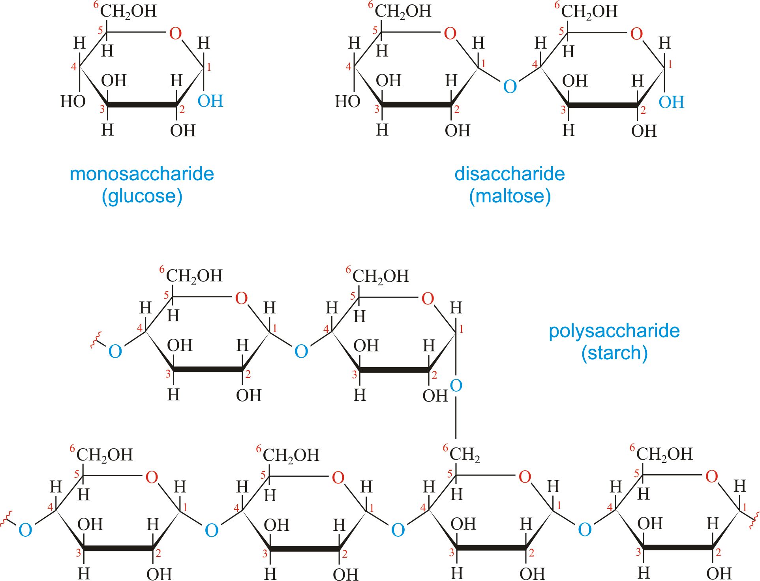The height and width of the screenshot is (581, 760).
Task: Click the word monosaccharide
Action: click(x=142, y=174)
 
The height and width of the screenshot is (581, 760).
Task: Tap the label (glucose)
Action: click(x=142, y=196)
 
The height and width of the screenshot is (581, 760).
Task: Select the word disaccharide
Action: click(x=509, y=174)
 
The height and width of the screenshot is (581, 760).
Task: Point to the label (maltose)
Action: click(x=510, y=196)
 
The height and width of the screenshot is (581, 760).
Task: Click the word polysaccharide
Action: click(x=614, y=331)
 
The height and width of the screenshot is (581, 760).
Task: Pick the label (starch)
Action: click(x=614, y=353)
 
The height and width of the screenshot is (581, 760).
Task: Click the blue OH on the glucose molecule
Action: click(x=210, y=101)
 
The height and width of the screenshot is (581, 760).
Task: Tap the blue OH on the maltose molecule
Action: click(x=671, y=102)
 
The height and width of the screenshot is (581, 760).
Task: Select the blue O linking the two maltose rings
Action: click(x=510, y=87)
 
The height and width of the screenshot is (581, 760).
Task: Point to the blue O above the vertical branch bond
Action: click(x=456, y=385)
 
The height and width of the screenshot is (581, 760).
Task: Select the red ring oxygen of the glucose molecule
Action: click(x=175, y=34)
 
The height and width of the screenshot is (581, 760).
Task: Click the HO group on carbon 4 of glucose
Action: click(x=73, y=102)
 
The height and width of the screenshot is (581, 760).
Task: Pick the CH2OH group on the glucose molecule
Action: click(x=128, y=11)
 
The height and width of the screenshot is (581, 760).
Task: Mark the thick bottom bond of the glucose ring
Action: click(x=142, y=105)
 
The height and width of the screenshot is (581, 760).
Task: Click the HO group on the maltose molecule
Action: click(x=347, y=102)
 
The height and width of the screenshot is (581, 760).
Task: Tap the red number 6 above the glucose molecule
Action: click(x=96, y=5)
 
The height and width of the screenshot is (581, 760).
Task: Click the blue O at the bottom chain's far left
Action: click(x=25, y=530)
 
